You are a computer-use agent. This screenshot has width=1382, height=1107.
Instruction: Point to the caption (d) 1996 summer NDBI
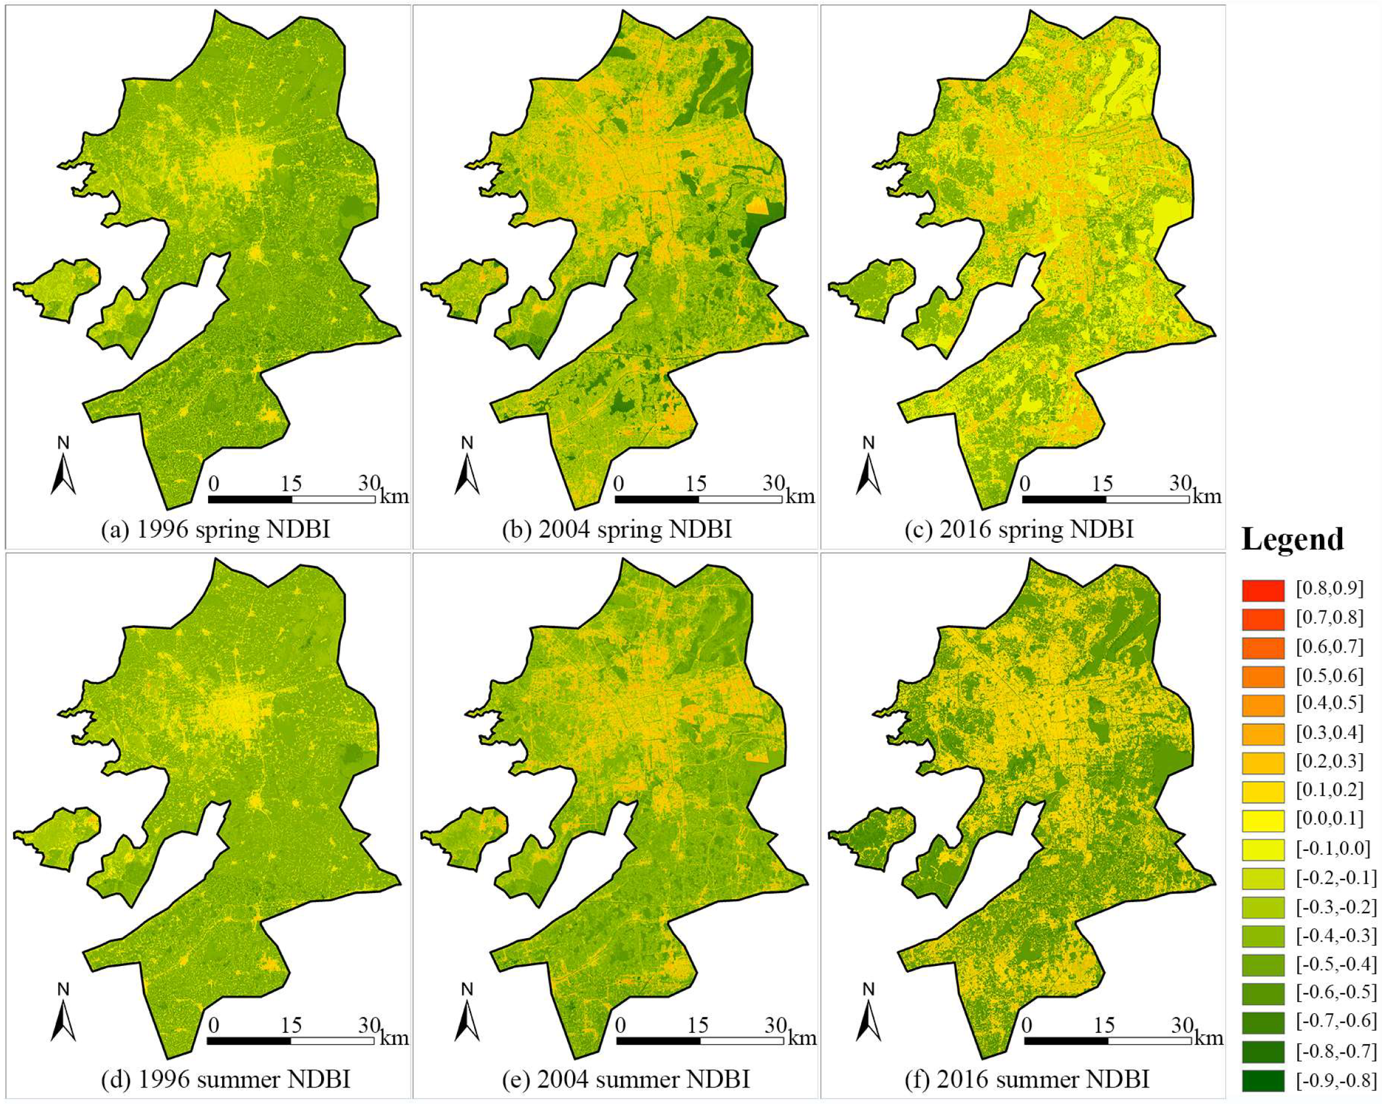pos(226,1079)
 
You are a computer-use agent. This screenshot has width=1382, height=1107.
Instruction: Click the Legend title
pos(1293,539)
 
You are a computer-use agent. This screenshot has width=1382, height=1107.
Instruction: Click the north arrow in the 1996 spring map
pos(63,474)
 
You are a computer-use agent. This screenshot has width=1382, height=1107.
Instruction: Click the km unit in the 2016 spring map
pos(1207,495)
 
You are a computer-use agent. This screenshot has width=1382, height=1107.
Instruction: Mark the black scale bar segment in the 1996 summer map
pos(249,1041)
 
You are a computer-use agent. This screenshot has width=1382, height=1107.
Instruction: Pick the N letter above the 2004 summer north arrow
pos(468,990)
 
